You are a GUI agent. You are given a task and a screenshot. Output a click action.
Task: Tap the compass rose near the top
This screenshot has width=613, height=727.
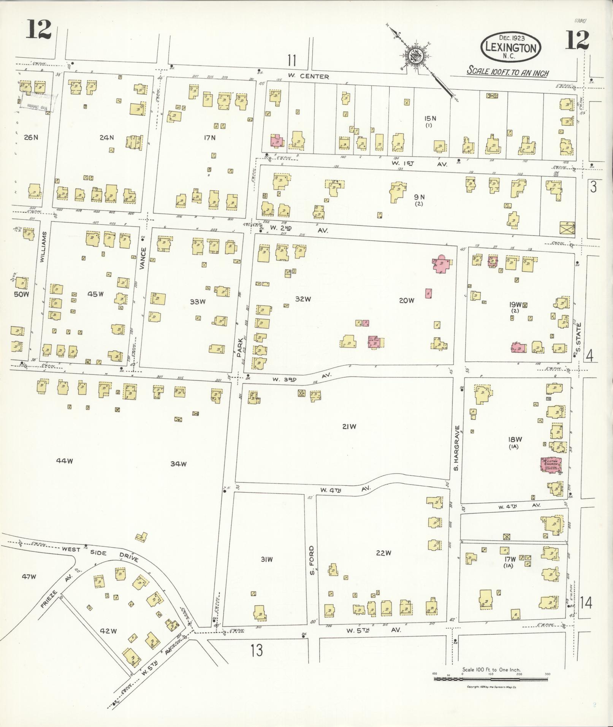point(414,57)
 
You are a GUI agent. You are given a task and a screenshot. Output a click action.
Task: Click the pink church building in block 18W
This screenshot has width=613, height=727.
point(551,464)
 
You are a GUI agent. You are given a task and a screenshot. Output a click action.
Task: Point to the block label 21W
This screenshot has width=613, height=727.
point(349,427)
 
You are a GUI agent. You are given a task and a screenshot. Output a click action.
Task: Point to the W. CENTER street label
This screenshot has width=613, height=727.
point(308,76)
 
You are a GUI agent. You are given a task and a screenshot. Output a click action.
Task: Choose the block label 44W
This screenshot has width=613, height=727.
point(64,461)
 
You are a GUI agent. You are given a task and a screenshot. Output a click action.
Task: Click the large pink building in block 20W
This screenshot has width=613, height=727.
point(442,263)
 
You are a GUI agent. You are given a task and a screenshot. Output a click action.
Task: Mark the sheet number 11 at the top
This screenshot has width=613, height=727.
point(291,60)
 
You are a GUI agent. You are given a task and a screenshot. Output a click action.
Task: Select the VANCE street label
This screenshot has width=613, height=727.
point(143,259)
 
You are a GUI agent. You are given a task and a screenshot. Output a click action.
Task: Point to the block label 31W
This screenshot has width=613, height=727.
point(266,559)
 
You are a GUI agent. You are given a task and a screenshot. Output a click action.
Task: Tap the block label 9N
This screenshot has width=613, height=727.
point(419,197)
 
